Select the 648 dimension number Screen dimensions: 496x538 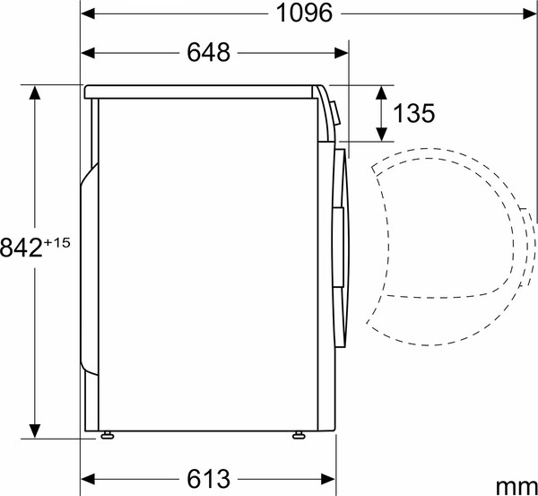coord(208,53)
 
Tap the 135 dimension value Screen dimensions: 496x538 coord(413,113)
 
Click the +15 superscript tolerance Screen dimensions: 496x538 coord(57,241)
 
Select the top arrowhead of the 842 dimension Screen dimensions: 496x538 coord(35,92)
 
